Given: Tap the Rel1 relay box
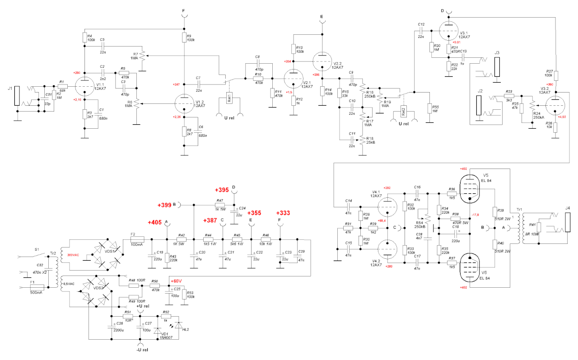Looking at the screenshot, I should pos(229,99).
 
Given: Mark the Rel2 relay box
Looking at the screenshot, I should pos(403,110).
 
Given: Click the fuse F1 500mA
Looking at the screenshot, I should pos(36,287).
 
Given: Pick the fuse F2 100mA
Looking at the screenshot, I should pos(137,239).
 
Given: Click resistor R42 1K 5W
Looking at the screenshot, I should pos(181,239).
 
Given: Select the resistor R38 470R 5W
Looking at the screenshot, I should pos(456,219).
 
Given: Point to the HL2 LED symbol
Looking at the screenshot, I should pos(179,325).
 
